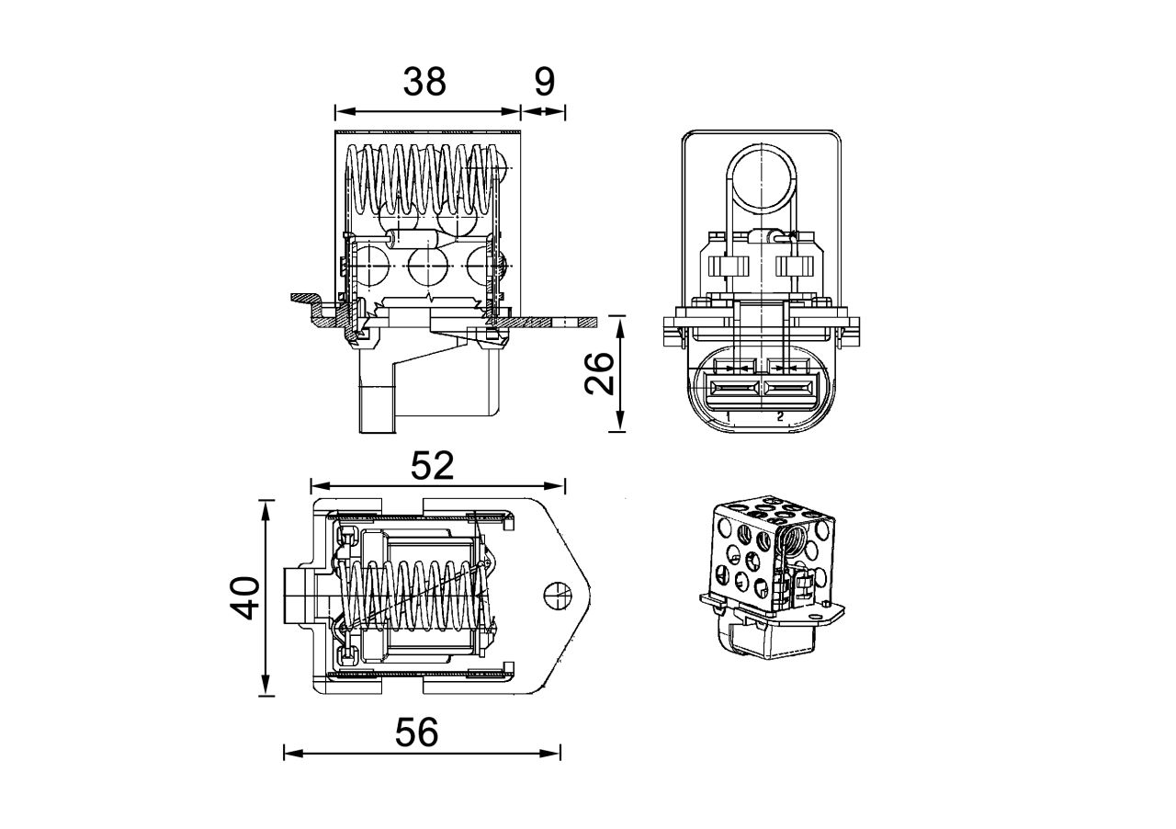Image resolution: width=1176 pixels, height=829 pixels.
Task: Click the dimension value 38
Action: coord(424,82)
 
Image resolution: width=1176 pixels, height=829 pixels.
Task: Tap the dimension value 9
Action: coord(544,82)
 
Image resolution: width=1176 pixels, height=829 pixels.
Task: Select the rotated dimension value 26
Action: coord(600,373)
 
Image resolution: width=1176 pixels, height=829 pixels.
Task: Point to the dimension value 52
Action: coord(432,466)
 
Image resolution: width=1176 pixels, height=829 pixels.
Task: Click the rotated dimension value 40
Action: coord(243,598)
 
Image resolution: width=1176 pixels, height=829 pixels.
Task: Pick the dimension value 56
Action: coord(417,732)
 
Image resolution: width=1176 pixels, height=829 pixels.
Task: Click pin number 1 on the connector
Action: coord(728,416)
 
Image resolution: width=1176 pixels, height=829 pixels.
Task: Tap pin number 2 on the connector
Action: coord(780,416)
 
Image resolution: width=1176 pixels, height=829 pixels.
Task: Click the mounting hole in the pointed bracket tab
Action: coord(557,596)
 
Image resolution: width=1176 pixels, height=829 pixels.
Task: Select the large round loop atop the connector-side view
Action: coord(762,174)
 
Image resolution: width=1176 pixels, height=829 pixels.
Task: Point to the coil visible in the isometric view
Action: coord(791,543)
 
